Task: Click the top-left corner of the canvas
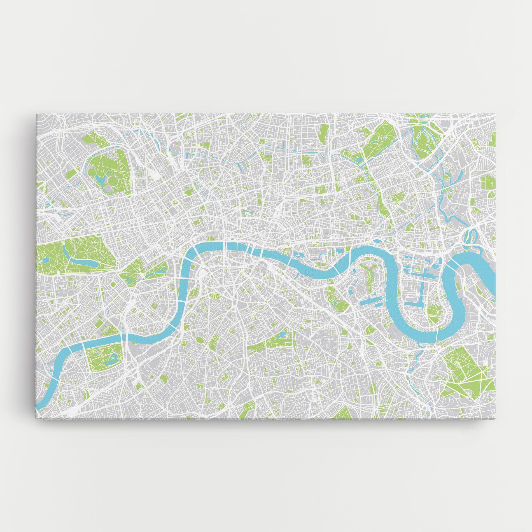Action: tap(37, 113)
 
